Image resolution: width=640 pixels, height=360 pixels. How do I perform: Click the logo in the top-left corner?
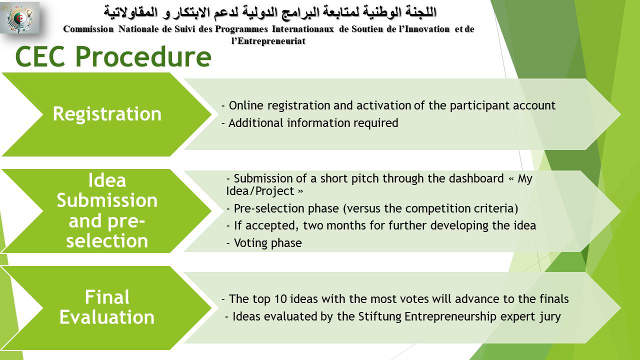[x=19, y=17]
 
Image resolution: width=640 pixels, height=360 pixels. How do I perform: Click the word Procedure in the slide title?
[x=143, y=57]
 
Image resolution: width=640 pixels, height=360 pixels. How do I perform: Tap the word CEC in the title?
[x=40, y=57]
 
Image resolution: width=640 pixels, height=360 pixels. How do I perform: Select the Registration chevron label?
[x=107, y=114]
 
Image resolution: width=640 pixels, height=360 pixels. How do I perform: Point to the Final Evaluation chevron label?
[x=107, y=307]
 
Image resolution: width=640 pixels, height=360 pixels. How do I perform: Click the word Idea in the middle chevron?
[x=107, y=180]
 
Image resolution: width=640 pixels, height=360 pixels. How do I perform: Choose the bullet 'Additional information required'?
[x=310, y=123]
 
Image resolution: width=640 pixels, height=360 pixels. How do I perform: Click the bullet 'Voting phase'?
[x=264, y=243]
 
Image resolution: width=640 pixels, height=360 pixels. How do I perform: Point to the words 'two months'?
[x=333, y=225]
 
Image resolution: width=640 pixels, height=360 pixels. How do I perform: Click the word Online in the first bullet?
[x=246, y=105]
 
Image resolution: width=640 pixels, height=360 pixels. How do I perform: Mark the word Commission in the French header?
[x=88, y=29]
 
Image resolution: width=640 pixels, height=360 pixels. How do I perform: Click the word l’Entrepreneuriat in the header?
[x=268, y=41]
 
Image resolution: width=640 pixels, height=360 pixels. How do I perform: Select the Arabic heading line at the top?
[x=270, y=13]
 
